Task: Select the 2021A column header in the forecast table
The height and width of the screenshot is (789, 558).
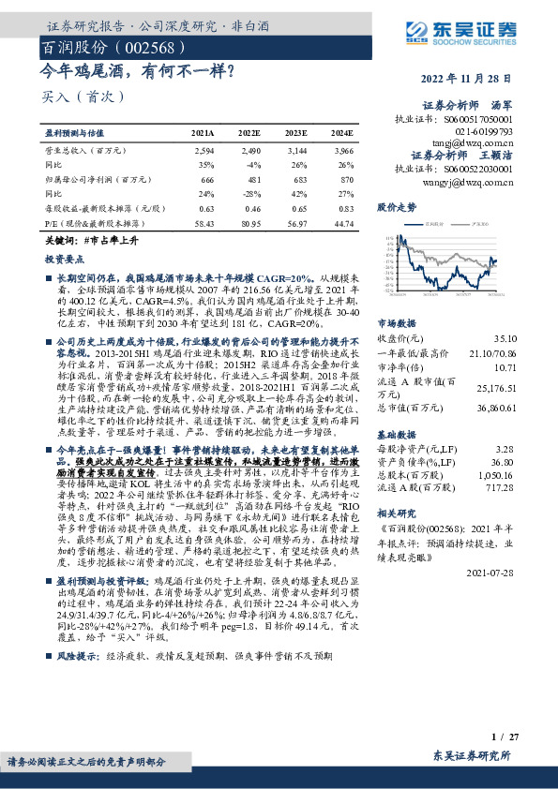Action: pyautogui.click(x=202, y=135)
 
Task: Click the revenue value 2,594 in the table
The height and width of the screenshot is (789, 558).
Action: pyautogui.click(x=204, y=149)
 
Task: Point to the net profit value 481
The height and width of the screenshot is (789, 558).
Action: pyautogui.click(x=251, y=179)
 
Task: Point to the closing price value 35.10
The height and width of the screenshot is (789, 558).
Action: pyautogui.click(x=530, y=310)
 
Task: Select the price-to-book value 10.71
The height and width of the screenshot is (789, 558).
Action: pyautogui.click(x=531, y=341)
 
